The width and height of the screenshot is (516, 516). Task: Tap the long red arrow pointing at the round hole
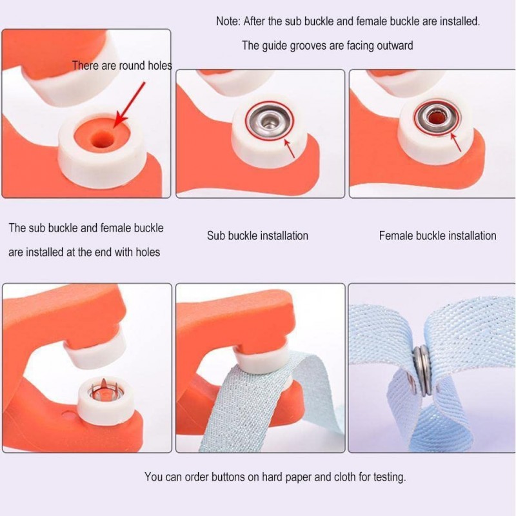pyautogui.click(x=130, y=104)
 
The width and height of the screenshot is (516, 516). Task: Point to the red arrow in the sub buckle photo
pyautogui.click(x=289, y=149)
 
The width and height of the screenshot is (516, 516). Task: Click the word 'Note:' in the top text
pyautogui.click(x=228, y=21)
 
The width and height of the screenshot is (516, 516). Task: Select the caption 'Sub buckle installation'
pyautogui.click(x=257, y=235)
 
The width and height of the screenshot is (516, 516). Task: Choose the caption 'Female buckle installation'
pyautogui.click(x=438, y=235)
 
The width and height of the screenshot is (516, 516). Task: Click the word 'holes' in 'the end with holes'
pyautogui.click(x=148, y=252)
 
